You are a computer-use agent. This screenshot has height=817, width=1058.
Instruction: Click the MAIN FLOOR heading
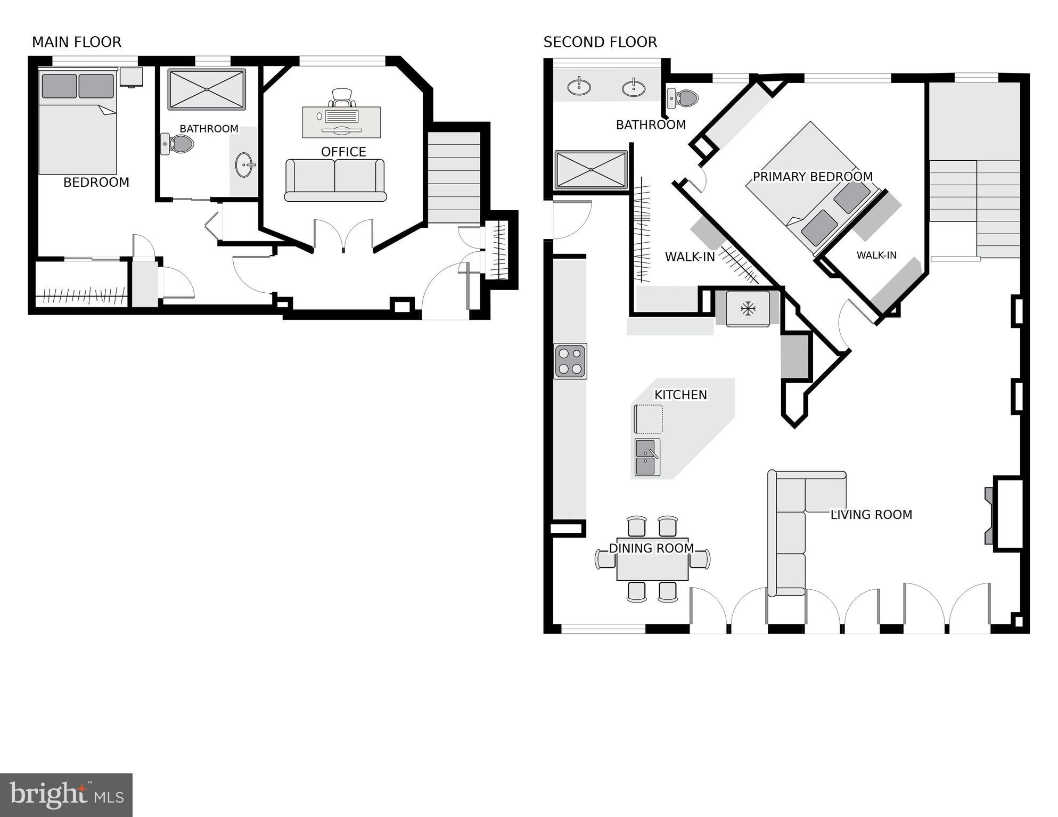tap(77, 42)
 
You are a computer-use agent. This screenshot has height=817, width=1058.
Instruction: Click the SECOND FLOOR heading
tap(600, 42)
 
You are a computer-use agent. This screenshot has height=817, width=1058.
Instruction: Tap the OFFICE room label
tap(343, 152)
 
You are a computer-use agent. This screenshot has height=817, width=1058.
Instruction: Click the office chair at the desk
tap(341, 97)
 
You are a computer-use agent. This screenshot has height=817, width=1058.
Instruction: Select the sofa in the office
tap(335, 180)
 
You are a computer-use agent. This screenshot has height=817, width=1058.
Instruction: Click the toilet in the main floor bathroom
tap(178, 144)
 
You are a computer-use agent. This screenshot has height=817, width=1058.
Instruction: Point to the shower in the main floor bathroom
tap(207, 89)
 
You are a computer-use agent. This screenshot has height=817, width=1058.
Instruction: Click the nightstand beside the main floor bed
tap(131, 77)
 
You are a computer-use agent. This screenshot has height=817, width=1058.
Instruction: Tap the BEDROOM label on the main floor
tap(96, 183)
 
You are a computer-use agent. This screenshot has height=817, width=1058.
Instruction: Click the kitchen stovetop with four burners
tap(570, 361)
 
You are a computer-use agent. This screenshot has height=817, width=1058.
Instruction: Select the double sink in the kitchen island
tap(647, 457)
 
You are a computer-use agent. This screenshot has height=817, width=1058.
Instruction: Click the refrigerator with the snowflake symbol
tap(748, 308)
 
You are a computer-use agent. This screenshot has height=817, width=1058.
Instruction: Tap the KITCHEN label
tap(680, 395)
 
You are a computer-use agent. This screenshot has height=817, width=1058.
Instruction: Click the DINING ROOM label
tap(651, 548)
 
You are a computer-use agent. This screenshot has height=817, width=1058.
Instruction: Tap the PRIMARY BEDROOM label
tap(812, 177)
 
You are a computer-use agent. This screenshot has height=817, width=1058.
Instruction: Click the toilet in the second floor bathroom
tap(684, 98)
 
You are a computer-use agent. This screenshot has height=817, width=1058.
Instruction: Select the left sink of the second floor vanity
tap(579, 86)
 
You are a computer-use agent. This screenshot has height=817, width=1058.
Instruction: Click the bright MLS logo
tap(66, 795)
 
